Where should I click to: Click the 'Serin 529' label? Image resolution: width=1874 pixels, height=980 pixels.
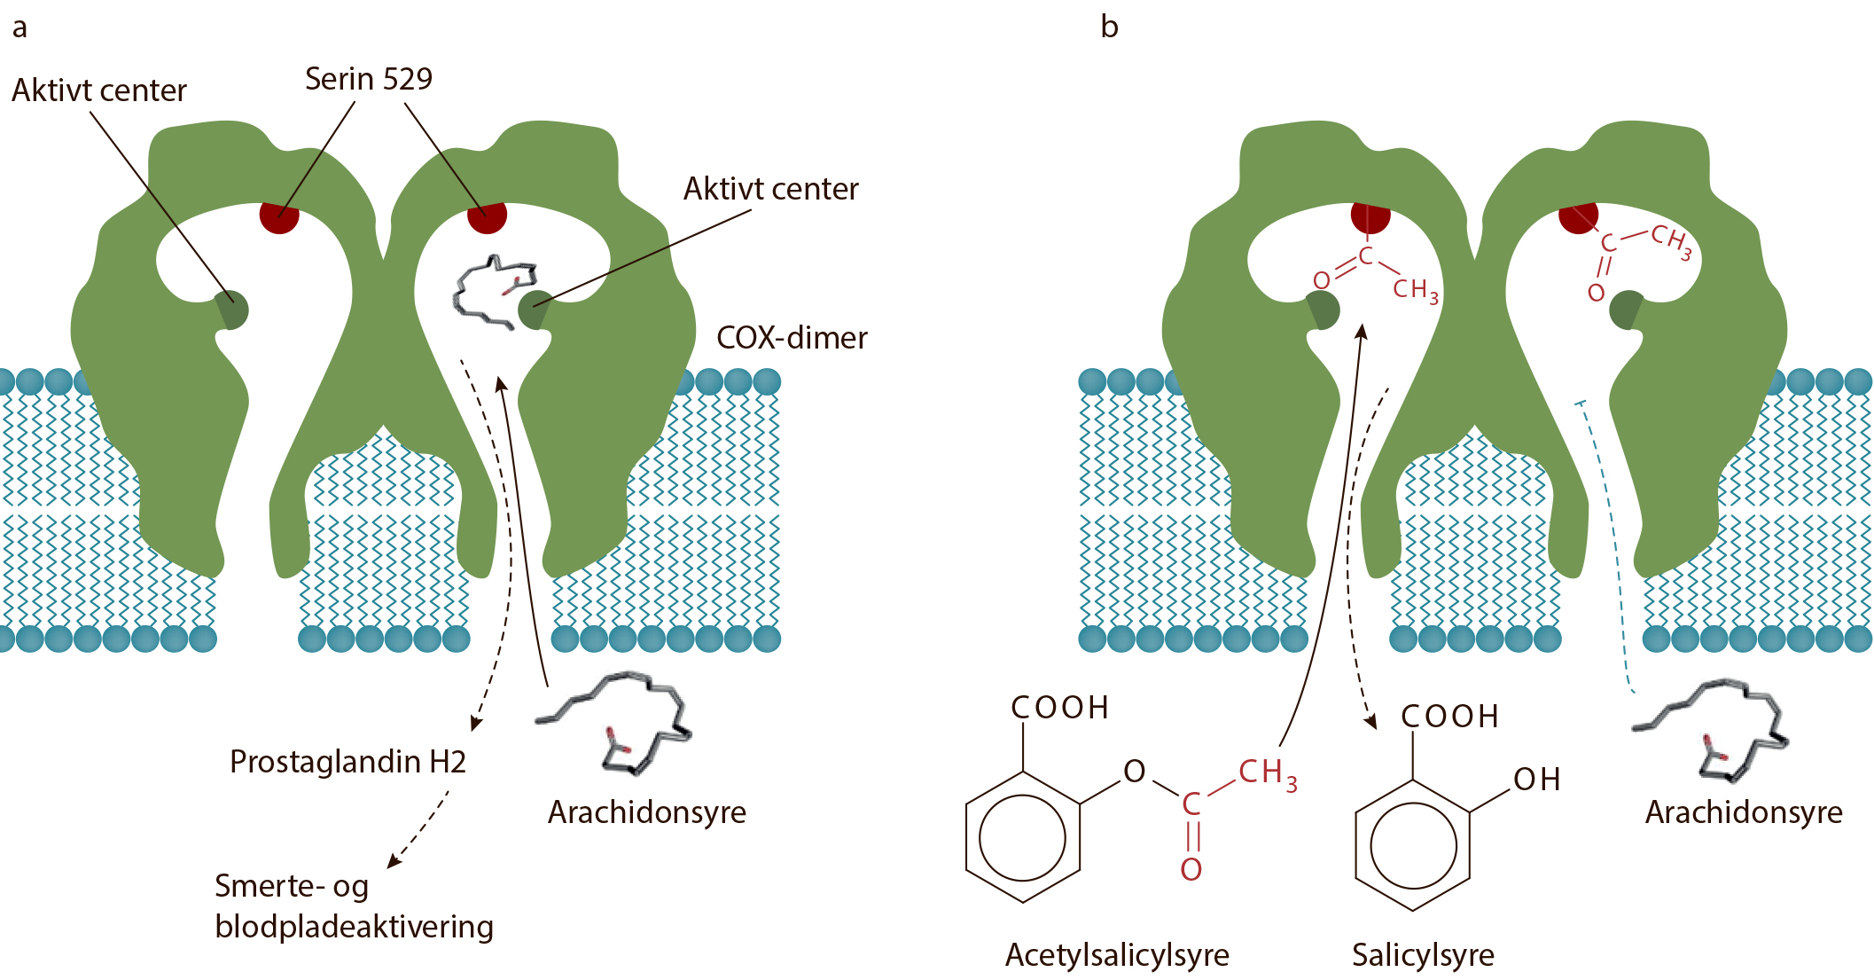369,79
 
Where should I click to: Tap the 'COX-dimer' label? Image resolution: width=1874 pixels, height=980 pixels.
792,338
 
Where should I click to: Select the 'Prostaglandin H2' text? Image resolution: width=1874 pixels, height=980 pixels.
347,762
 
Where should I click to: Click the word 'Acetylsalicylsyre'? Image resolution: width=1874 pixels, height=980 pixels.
1117,955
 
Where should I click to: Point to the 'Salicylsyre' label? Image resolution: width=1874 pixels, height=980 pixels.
1423,955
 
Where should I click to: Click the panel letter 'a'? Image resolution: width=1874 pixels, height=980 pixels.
20,28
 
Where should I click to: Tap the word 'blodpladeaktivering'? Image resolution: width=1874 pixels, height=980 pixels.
354,927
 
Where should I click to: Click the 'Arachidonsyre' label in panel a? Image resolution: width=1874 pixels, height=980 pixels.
647,812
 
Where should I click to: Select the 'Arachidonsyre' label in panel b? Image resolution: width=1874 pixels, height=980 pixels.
1744,812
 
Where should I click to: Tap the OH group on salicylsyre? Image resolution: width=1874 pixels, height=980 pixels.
1536,780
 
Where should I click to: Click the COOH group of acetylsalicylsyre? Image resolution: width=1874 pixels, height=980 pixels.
1060,708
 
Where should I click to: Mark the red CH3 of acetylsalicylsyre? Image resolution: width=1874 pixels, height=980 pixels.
1268,773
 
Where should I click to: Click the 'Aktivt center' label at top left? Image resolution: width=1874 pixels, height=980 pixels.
99,90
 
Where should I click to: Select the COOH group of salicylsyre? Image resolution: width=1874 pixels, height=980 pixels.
1450,717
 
